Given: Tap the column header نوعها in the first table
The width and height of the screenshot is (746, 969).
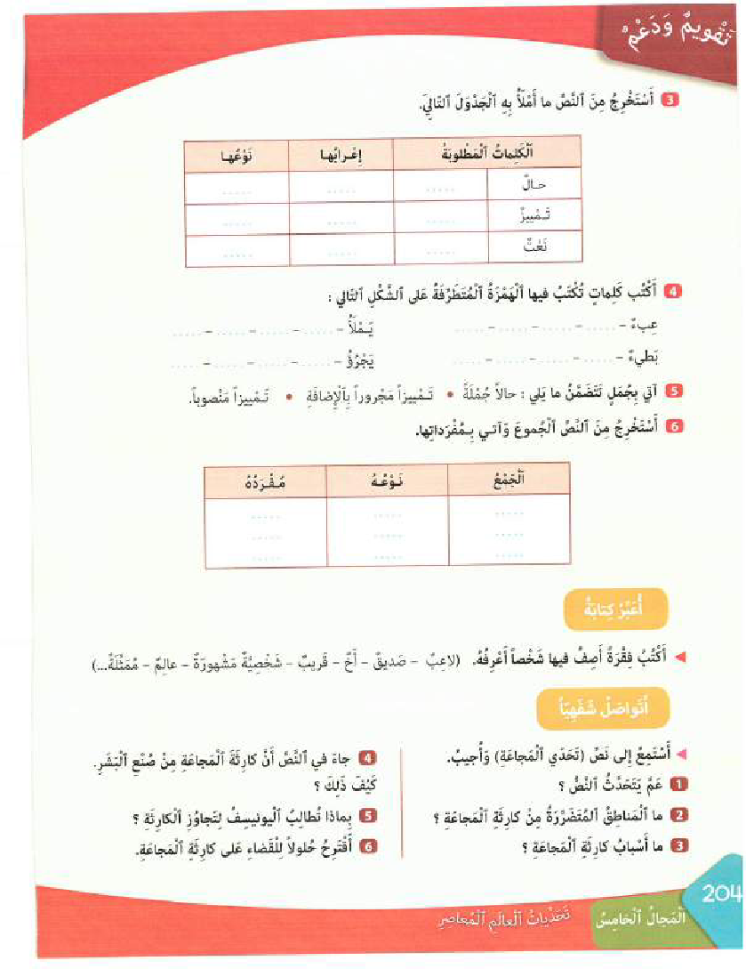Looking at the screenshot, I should (x=237, y=156).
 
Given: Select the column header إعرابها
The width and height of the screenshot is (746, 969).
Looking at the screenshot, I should (x=341, y=156).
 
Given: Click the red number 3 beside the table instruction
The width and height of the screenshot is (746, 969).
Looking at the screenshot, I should (x=672, y=101).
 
